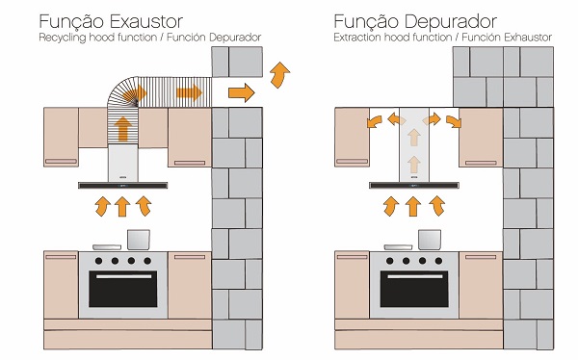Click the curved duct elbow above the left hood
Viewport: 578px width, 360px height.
click(119, 95)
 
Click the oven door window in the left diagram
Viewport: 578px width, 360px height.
click(122, 292)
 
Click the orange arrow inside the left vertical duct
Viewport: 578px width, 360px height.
click(122, 129)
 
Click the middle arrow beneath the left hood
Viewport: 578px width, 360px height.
click(122, 206)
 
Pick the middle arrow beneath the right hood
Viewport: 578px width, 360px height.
click(413, 206)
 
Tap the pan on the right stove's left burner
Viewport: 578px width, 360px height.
click(395, 245)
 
